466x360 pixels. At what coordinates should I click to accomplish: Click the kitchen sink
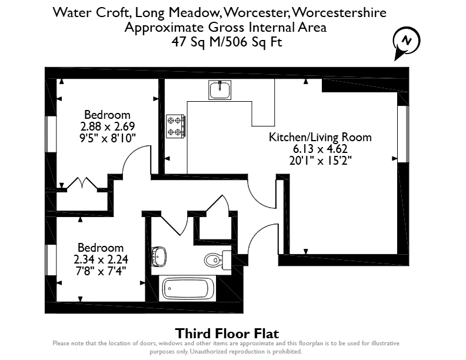tap(219, 90)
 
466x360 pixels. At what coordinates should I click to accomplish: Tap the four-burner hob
tap(176, 126)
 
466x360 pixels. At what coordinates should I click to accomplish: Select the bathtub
tap(188, 289)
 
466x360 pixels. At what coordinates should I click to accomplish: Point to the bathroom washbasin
tap(159, 256)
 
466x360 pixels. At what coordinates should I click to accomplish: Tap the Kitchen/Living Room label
tap(320, 137)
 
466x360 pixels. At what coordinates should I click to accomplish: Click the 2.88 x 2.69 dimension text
tap(108, 126)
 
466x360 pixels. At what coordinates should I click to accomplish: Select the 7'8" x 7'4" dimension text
tap(101, 271)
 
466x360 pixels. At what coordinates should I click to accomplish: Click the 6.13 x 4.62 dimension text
tap(320, 148)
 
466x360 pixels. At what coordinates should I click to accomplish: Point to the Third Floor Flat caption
tap(227, 334)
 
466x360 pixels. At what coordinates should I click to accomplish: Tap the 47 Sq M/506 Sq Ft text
tap(227, 42)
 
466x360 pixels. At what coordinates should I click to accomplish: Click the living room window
tap(403, 134)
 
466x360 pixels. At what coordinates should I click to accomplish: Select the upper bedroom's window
tap(51, 134)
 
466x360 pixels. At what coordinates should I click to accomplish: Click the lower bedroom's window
tap(51, 260)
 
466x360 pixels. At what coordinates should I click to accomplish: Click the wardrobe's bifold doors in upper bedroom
tap(82, 184)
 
